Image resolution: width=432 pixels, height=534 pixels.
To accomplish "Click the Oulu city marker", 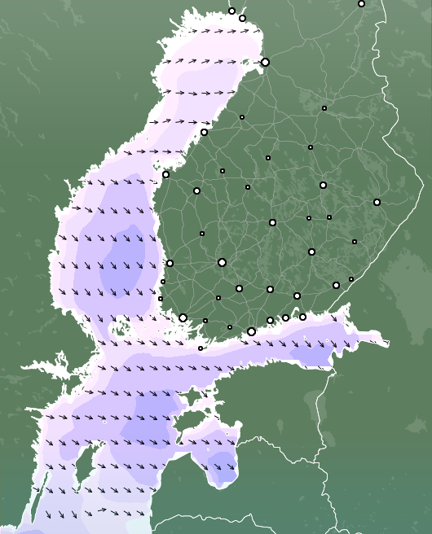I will tap(265, 62).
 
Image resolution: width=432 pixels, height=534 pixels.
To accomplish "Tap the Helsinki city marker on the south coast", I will tap(251, 331).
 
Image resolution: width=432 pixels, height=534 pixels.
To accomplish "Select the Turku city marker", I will tap(183, 317).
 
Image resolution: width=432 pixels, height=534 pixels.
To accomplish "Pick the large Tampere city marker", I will tap(222, 262).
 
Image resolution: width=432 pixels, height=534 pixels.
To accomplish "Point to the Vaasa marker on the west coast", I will tap(165, 174).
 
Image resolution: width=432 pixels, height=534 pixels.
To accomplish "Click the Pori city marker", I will tap(170, 263).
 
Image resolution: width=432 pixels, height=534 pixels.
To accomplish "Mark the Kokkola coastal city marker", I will tap(204, 132).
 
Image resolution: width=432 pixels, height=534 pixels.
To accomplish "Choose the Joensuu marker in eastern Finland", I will tap(377, 202).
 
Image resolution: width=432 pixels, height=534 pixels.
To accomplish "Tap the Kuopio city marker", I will tap(323, 185).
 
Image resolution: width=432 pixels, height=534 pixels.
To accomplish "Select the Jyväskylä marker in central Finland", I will tap(272, 222).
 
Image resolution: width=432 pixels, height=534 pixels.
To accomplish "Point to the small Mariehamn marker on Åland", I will tap(201, 348).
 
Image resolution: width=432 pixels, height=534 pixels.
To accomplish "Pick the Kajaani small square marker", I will tap(324, 107).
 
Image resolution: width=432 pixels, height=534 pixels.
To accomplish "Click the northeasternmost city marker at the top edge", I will tap(361, 3).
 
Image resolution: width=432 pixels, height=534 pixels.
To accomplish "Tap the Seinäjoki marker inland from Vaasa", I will tap(196, 190).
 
